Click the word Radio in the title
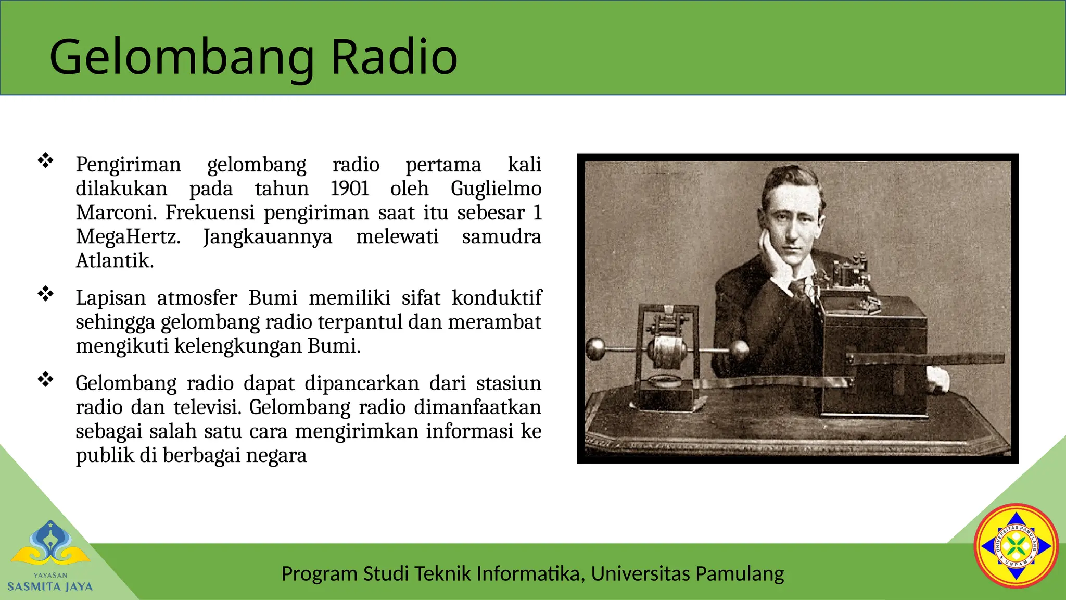394,57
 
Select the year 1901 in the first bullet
350,189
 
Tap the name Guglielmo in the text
496,189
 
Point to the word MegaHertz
128,237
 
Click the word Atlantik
115,261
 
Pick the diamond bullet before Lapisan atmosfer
46,294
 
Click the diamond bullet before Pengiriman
46,160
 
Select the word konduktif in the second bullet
496,298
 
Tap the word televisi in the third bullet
207,407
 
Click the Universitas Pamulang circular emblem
1016,546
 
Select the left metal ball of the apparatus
595,348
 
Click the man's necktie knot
797,285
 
